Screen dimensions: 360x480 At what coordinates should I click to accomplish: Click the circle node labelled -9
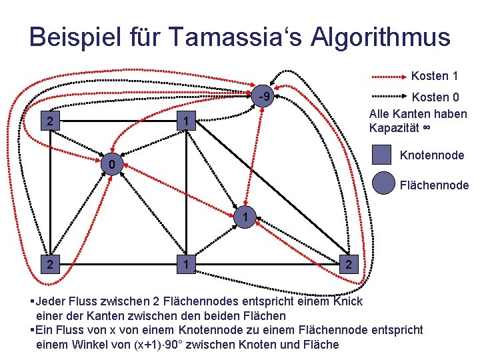[264, 98]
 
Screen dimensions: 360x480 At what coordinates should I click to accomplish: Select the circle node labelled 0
[113, 164]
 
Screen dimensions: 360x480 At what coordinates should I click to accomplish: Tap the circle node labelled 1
[245, 217]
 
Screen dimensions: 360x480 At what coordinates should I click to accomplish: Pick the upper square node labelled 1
[189, 121]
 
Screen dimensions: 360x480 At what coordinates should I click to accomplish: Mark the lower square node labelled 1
[189, 265]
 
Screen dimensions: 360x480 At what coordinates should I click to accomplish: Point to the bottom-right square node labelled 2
[349, 265]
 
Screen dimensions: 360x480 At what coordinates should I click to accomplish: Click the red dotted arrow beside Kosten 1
[389, 77]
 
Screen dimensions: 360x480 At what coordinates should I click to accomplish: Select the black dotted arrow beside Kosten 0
[389, 97]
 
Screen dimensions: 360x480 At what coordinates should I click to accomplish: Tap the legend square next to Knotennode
[382, 155]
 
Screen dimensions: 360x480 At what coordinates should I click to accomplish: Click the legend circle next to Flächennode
[384, 183]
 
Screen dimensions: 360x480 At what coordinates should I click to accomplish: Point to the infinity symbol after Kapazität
[425, 127]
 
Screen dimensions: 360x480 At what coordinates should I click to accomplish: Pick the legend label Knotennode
[432, 155]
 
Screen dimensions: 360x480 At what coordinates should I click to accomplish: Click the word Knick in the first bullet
[347, 301]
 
